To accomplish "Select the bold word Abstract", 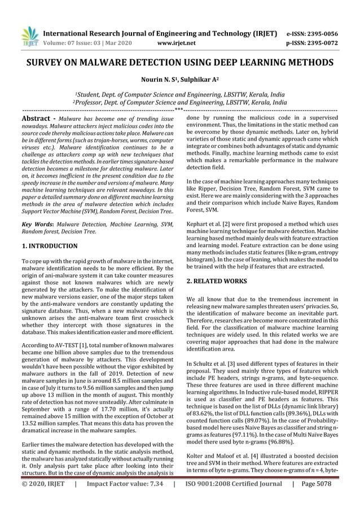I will [x=36, y=120].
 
